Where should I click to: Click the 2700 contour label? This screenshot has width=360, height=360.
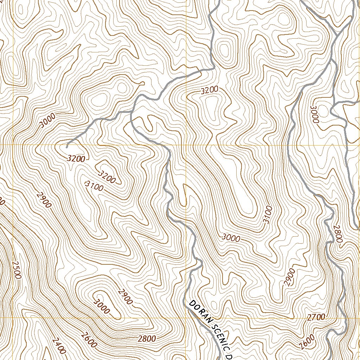point(316,317)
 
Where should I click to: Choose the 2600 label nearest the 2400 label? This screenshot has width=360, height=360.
point(88,340)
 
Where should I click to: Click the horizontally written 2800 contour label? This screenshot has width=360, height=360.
point(147,339)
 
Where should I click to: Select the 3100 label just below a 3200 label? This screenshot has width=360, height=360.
point(95,186)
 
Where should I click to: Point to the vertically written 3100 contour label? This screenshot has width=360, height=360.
point(267,215)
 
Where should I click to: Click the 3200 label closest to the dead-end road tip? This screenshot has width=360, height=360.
point(76,159)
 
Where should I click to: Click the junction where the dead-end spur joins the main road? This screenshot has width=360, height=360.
point(131,112)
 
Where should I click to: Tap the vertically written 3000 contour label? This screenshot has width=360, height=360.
point(314,114)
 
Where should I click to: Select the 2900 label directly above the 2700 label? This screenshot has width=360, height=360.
point(290,277)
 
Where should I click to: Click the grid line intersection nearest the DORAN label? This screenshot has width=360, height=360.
point(186,318)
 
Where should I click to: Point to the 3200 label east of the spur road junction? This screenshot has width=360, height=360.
point(209,90)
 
